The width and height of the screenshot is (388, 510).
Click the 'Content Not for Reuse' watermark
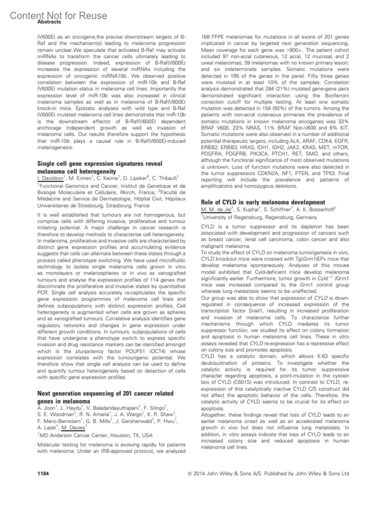click(x=59, y=15)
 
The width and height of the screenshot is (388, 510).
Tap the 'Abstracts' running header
click(x=49, y=22)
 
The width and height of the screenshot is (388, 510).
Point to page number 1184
click(x=43, y=473)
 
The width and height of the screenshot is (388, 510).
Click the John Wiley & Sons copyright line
click(x=268, y=473)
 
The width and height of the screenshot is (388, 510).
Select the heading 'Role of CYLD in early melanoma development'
click(x=263, y=202)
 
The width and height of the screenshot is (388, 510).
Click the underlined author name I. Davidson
click(x=50, y=178)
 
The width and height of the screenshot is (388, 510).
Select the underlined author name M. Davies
click(x=73, y=428)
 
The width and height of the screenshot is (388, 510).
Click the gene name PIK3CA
click(x=260, y=154)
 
